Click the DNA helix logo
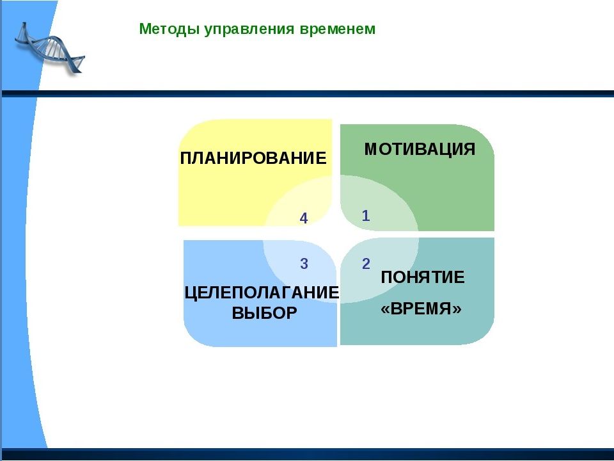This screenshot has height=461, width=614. (x=50, y=48)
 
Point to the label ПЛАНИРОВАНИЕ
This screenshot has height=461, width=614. (x=253, y=158)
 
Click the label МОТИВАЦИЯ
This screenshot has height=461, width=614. (x=420, y=149)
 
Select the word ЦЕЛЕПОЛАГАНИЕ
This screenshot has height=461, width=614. (x=262, y=293)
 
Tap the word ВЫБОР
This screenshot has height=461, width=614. (x=264, y=313)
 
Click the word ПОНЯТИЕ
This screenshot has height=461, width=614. (x=423, y=277)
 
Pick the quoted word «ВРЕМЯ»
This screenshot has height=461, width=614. (x=421, y=309)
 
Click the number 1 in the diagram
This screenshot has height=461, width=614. (x=366, y=216)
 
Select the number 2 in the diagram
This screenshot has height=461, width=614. (x=366, y=264)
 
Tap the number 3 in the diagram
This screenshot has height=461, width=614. (x=304, y=264)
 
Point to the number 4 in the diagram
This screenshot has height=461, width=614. (x=303, y=218)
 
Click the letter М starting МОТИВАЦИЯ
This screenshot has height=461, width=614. (x=372, y=149)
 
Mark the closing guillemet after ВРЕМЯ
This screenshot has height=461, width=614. (x=457, y=309)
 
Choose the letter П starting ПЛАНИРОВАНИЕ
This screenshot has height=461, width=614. (x=186, y=158)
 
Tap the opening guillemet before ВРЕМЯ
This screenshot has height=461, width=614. (x=385, y=309)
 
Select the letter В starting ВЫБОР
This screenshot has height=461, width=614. (x=238, y=313)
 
